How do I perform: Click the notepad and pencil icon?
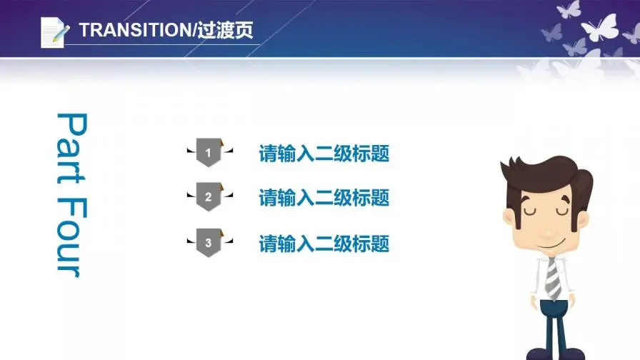tap(54, 31)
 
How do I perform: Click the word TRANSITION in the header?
tap(131, 31)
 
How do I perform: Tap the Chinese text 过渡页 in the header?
tap(231, 31)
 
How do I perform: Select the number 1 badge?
tap(208, 152)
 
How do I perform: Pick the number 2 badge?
tap(208, 197)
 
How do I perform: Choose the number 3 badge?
tap(208, 243)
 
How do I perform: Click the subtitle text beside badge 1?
tap(324, 154)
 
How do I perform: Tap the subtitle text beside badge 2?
tap(324, 198)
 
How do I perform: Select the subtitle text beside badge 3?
tap(324, 244)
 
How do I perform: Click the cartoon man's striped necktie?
tap(553, 279)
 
